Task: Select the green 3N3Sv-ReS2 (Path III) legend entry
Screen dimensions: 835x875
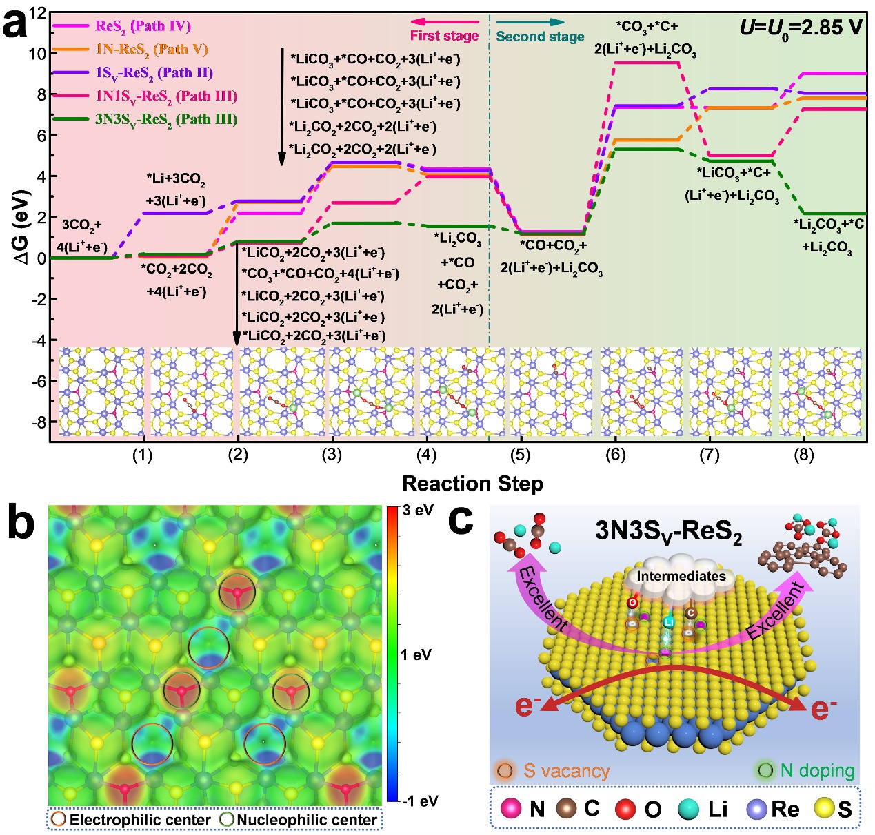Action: [166, 119]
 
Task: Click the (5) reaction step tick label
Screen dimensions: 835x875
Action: [521, 455]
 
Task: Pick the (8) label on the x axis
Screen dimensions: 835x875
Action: [803, 455]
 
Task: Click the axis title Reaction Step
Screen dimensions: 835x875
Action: [472, 484]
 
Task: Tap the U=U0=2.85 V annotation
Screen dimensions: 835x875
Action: [801, 28]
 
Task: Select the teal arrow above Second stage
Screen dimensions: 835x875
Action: [530, 22]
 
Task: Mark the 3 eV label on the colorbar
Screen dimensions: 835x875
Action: [415, 511]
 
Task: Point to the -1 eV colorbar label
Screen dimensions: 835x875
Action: [419, 801]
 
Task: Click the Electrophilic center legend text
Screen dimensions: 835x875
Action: [140, 820]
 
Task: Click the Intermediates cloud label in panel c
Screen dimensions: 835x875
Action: [681, 576]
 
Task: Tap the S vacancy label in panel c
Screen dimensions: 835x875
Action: [566, 770]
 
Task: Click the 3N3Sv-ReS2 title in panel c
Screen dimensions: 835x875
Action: [668, 532]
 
